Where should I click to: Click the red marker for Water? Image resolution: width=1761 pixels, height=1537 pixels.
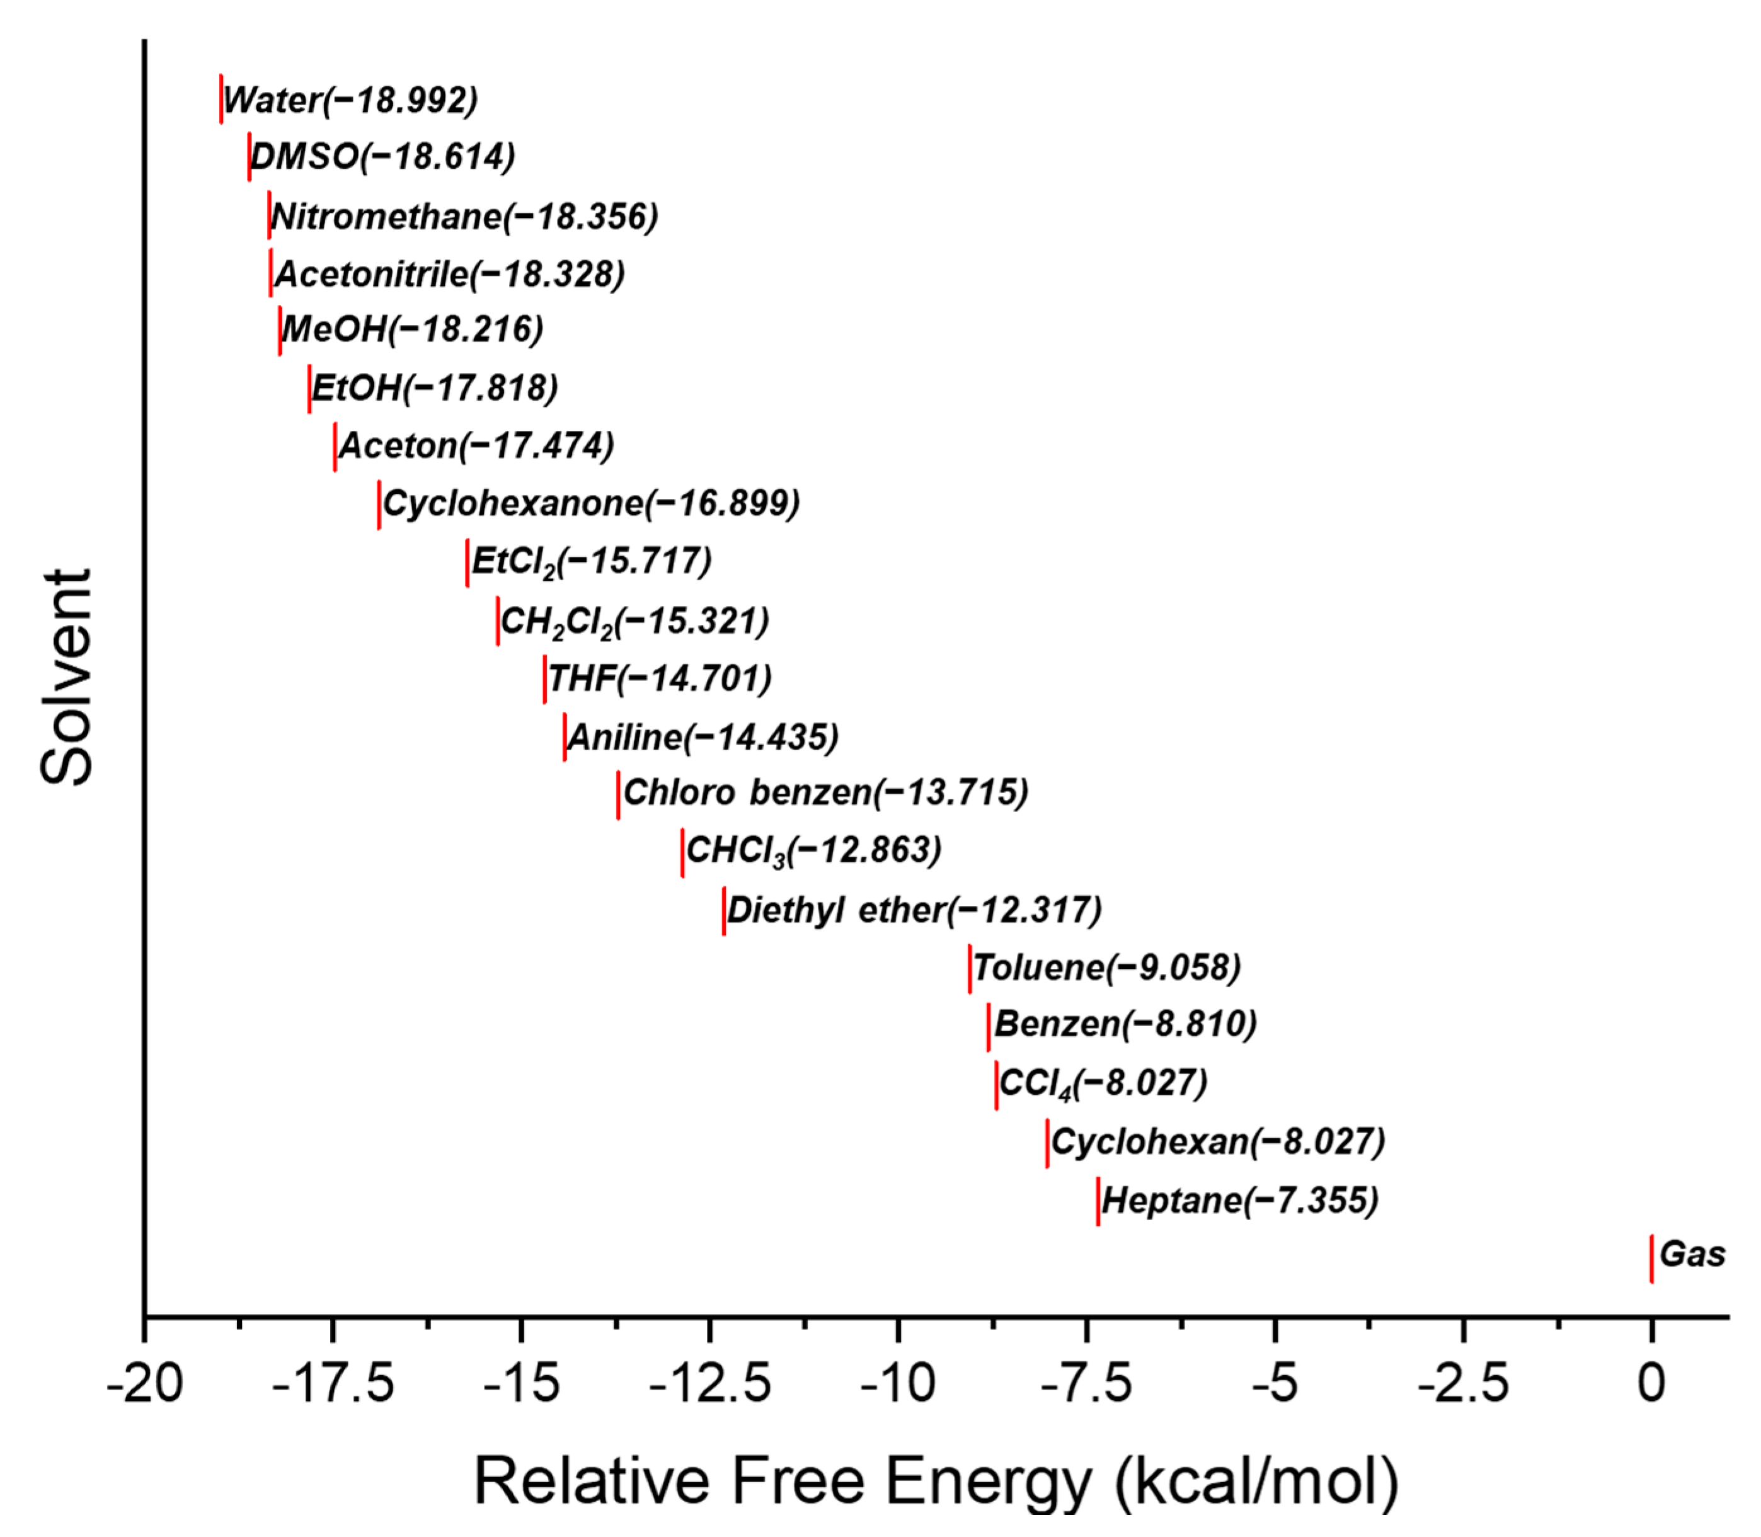click(x=221, y=99)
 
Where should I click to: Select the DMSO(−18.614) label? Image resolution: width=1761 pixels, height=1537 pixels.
click(x=382, y=157)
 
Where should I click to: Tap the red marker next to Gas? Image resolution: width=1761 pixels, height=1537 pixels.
click(x=1651, y=1258)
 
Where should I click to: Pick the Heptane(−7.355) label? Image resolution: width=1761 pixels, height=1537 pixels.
click(x=1239, y=1200)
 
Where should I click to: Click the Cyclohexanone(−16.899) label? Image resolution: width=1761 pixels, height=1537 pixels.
click(x=591, y=503)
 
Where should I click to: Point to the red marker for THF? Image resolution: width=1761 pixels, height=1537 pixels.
click(x=545, y=678)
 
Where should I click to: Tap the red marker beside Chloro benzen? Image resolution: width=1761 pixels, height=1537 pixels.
click(x=619, y=794)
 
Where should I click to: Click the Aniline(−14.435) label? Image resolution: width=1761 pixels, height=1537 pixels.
click(x=703, y=737)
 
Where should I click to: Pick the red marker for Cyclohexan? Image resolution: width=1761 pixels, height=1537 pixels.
click(x=1047, y=1143)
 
